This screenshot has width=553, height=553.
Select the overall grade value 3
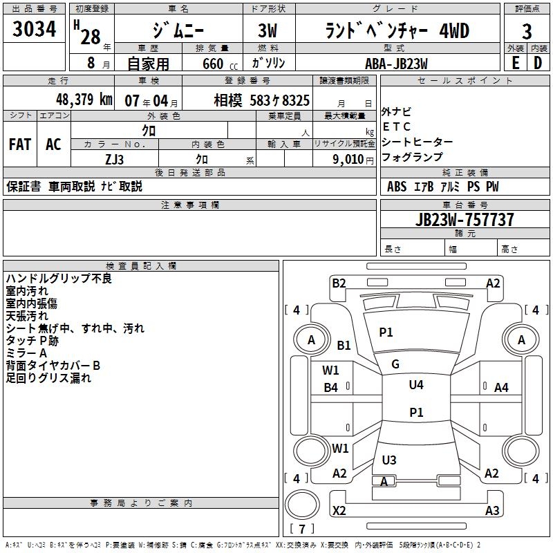[x=527, y=31]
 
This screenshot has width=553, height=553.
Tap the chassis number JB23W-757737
[x=465, y=220]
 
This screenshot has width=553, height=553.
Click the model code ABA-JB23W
[x=396, y=63]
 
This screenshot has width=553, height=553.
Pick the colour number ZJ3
[x=114, y=158]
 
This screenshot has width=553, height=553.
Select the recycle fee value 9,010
[x=344, y=159]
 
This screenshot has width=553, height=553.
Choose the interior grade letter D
[x=538, y=63]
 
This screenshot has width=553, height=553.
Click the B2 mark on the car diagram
[x=339, y=283]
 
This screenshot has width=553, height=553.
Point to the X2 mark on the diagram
[x=339, y=511]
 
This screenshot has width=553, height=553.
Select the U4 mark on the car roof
[x=415, y=385]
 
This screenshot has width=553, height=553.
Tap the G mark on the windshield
[x=395, y=364]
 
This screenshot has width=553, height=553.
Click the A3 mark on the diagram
[x=492, y=511]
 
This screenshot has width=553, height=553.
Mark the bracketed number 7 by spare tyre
[x=302, y=529]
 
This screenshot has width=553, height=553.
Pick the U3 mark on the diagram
[x=389, y=460]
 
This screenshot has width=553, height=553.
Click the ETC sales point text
[x=397, y=126]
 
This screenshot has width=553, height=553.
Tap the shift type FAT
[x=20, y=144]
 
